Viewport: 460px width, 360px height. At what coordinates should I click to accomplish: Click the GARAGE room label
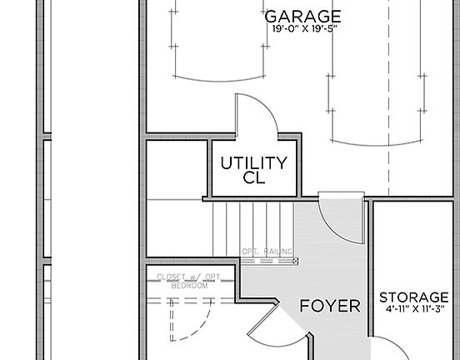pyautogui.click(x=302, y=17)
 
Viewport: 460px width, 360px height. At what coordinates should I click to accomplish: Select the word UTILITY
pyautogui.click(x=253, y=162)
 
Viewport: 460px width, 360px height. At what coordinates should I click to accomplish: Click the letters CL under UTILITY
pyautogui.click(x=253, y=177)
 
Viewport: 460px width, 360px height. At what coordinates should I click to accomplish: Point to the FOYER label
pyautogui.click(x=330, y=306)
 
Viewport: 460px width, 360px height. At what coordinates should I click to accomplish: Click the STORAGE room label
pyautogui.click(x=414, y=297)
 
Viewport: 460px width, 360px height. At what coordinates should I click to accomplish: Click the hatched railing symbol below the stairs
pyautogui.click(x=268, y=261)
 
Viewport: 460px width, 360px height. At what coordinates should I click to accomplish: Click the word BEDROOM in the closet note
pyautogui.click(x=190, y=286)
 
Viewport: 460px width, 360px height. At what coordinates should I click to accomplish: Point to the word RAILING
pyautogui.click(x=279, y=252)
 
